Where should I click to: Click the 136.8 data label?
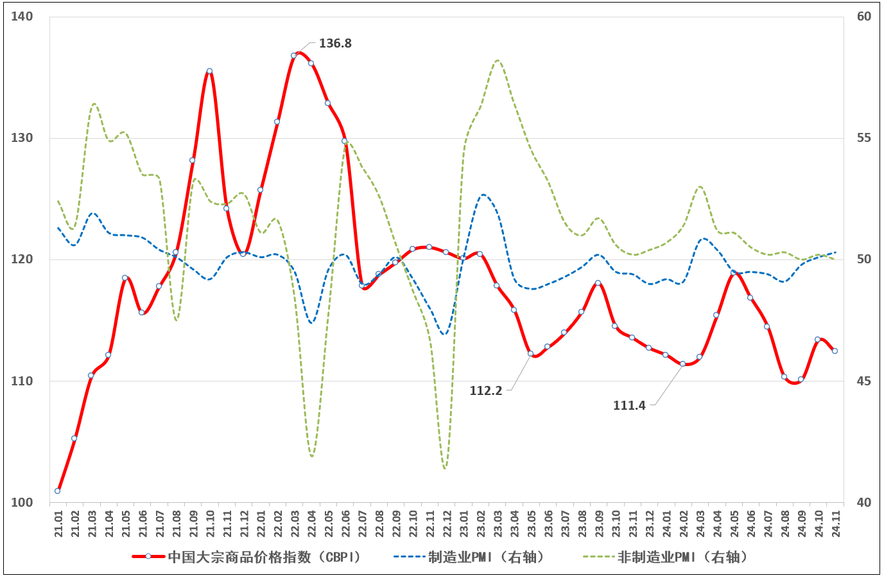tap(335, 44)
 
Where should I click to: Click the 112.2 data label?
tap(486, 390)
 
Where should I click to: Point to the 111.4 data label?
tap(629, 405)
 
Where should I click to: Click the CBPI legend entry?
tap(247, 557)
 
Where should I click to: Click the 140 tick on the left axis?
tap(22, 17)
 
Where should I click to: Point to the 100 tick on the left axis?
tap(22, 502)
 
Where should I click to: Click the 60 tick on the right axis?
tap(864, 17)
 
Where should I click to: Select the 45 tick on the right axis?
tap(864, 381)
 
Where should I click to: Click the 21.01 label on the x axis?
tap(58, 523)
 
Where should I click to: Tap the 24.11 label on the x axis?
tap(835, 523)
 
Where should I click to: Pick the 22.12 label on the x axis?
tap(446, 523)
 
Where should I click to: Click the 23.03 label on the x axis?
tap(497, 523)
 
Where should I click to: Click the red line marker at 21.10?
tap(209, 71)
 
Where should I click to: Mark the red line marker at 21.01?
tap(58, 491)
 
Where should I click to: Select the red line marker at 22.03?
tap(294, 55)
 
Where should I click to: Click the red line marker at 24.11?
tap(835, 351)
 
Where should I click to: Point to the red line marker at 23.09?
tap(598, 283)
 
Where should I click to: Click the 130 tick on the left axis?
tap(22, 138)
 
